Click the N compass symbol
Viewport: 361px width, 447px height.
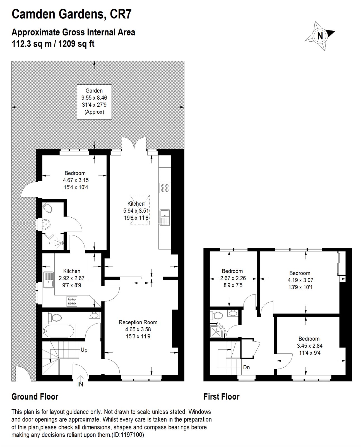click(x=320, y=36)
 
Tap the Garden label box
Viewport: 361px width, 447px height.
click(x=94, y=102)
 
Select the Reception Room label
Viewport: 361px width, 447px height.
click(x=138, y=322)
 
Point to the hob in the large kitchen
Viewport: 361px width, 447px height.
click(x=165, y=188)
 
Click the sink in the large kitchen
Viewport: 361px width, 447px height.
click(x=165, y=217)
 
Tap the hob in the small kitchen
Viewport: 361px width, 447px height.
click(x=72, y=301)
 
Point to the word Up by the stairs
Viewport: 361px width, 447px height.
click(x=84, y=350)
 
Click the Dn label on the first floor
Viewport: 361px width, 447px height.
click(x=246, y=367)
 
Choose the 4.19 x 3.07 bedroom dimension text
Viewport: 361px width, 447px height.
click(x=300, y=280)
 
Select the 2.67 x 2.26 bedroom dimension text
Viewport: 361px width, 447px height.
click(x=233, y=278)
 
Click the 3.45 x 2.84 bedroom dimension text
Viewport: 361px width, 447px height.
click(x=309, y=346)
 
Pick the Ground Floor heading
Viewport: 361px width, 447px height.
click(x=35, y=397)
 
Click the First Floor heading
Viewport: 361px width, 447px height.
click(x=222, y=397)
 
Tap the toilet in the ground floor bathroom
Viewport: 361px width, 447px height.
click(x=55, y=317)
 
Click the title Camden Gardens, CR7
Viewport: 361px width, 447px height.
click(x=71, y=14)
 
